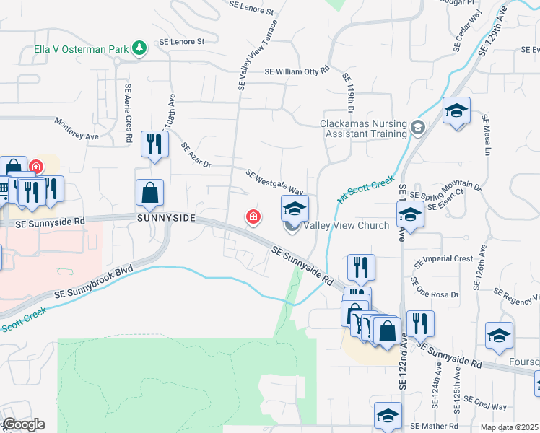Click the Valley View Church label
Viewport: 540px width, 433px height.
click(x=346, y=225)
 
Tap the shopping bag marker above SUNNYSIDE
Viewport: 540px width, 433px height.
click(x=149, y=193)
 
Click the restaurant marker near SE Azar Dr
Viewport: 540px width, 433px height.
click(x=154, y=144)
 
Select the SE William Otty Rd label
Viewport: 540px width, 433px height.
click(x=297, y=71)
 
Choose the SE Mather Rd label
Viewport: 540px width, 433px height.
click(x=433, y=427)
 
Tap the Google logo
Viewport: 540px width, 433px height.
click(x=23, y=424)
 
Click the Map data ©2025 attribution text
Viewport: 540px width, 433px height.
click(x=510, y=427)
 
